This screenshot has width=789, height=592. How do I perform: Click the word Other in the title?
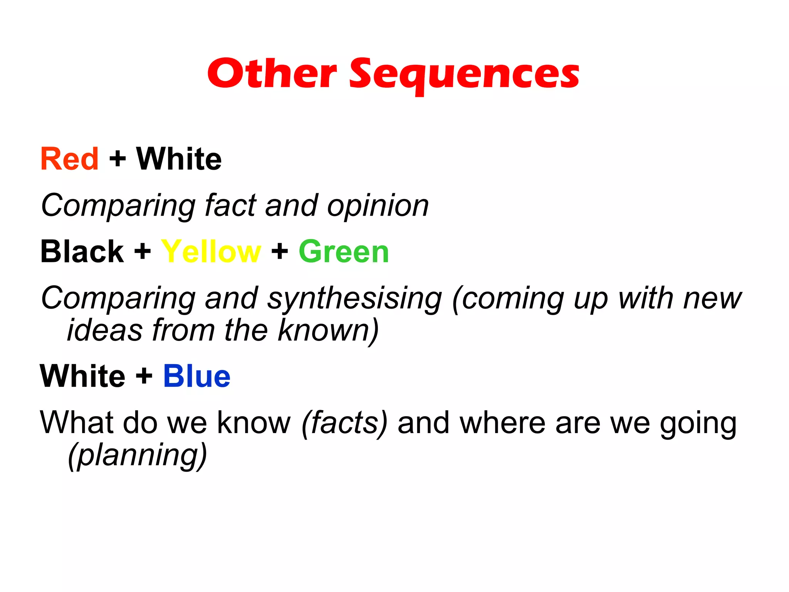[x=272, y=73]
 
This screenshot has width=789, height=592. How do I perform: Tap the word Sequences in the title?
[x=464, y=74]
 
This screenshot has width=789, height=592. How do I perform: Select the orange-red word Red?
[x=70, y=159]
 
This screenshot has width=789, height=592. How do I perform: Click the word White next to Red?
[x=179, y=159]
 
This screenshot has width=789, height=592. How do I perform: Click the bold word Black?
[x=82, y=251]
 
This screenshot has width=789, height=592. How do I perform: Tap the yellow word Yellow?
[x=211, y=251]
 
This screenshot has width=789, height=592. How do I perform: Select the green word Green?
[x=344, y=251]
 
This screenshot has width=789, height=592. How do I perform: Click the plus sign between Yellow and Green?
[x=280, y=251]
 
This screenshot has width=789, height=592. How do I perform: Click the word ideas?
[x=105, y=330]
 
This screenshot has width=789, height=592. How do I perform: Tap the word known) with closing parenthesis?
[x=328, y=330]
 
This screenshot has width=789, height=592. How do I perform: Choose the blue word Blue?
[x=196, y=376]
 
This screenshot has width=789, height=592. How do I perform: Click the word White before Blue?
[x=82, y=376]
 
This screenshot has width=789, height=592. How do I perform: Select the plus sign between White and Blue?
[x=144, y=376]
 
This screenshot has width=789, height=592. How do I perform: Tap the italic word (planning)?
[x=137, y=455]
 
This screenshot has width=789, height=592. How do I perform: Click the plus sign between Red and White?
[x=118, y=159]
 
